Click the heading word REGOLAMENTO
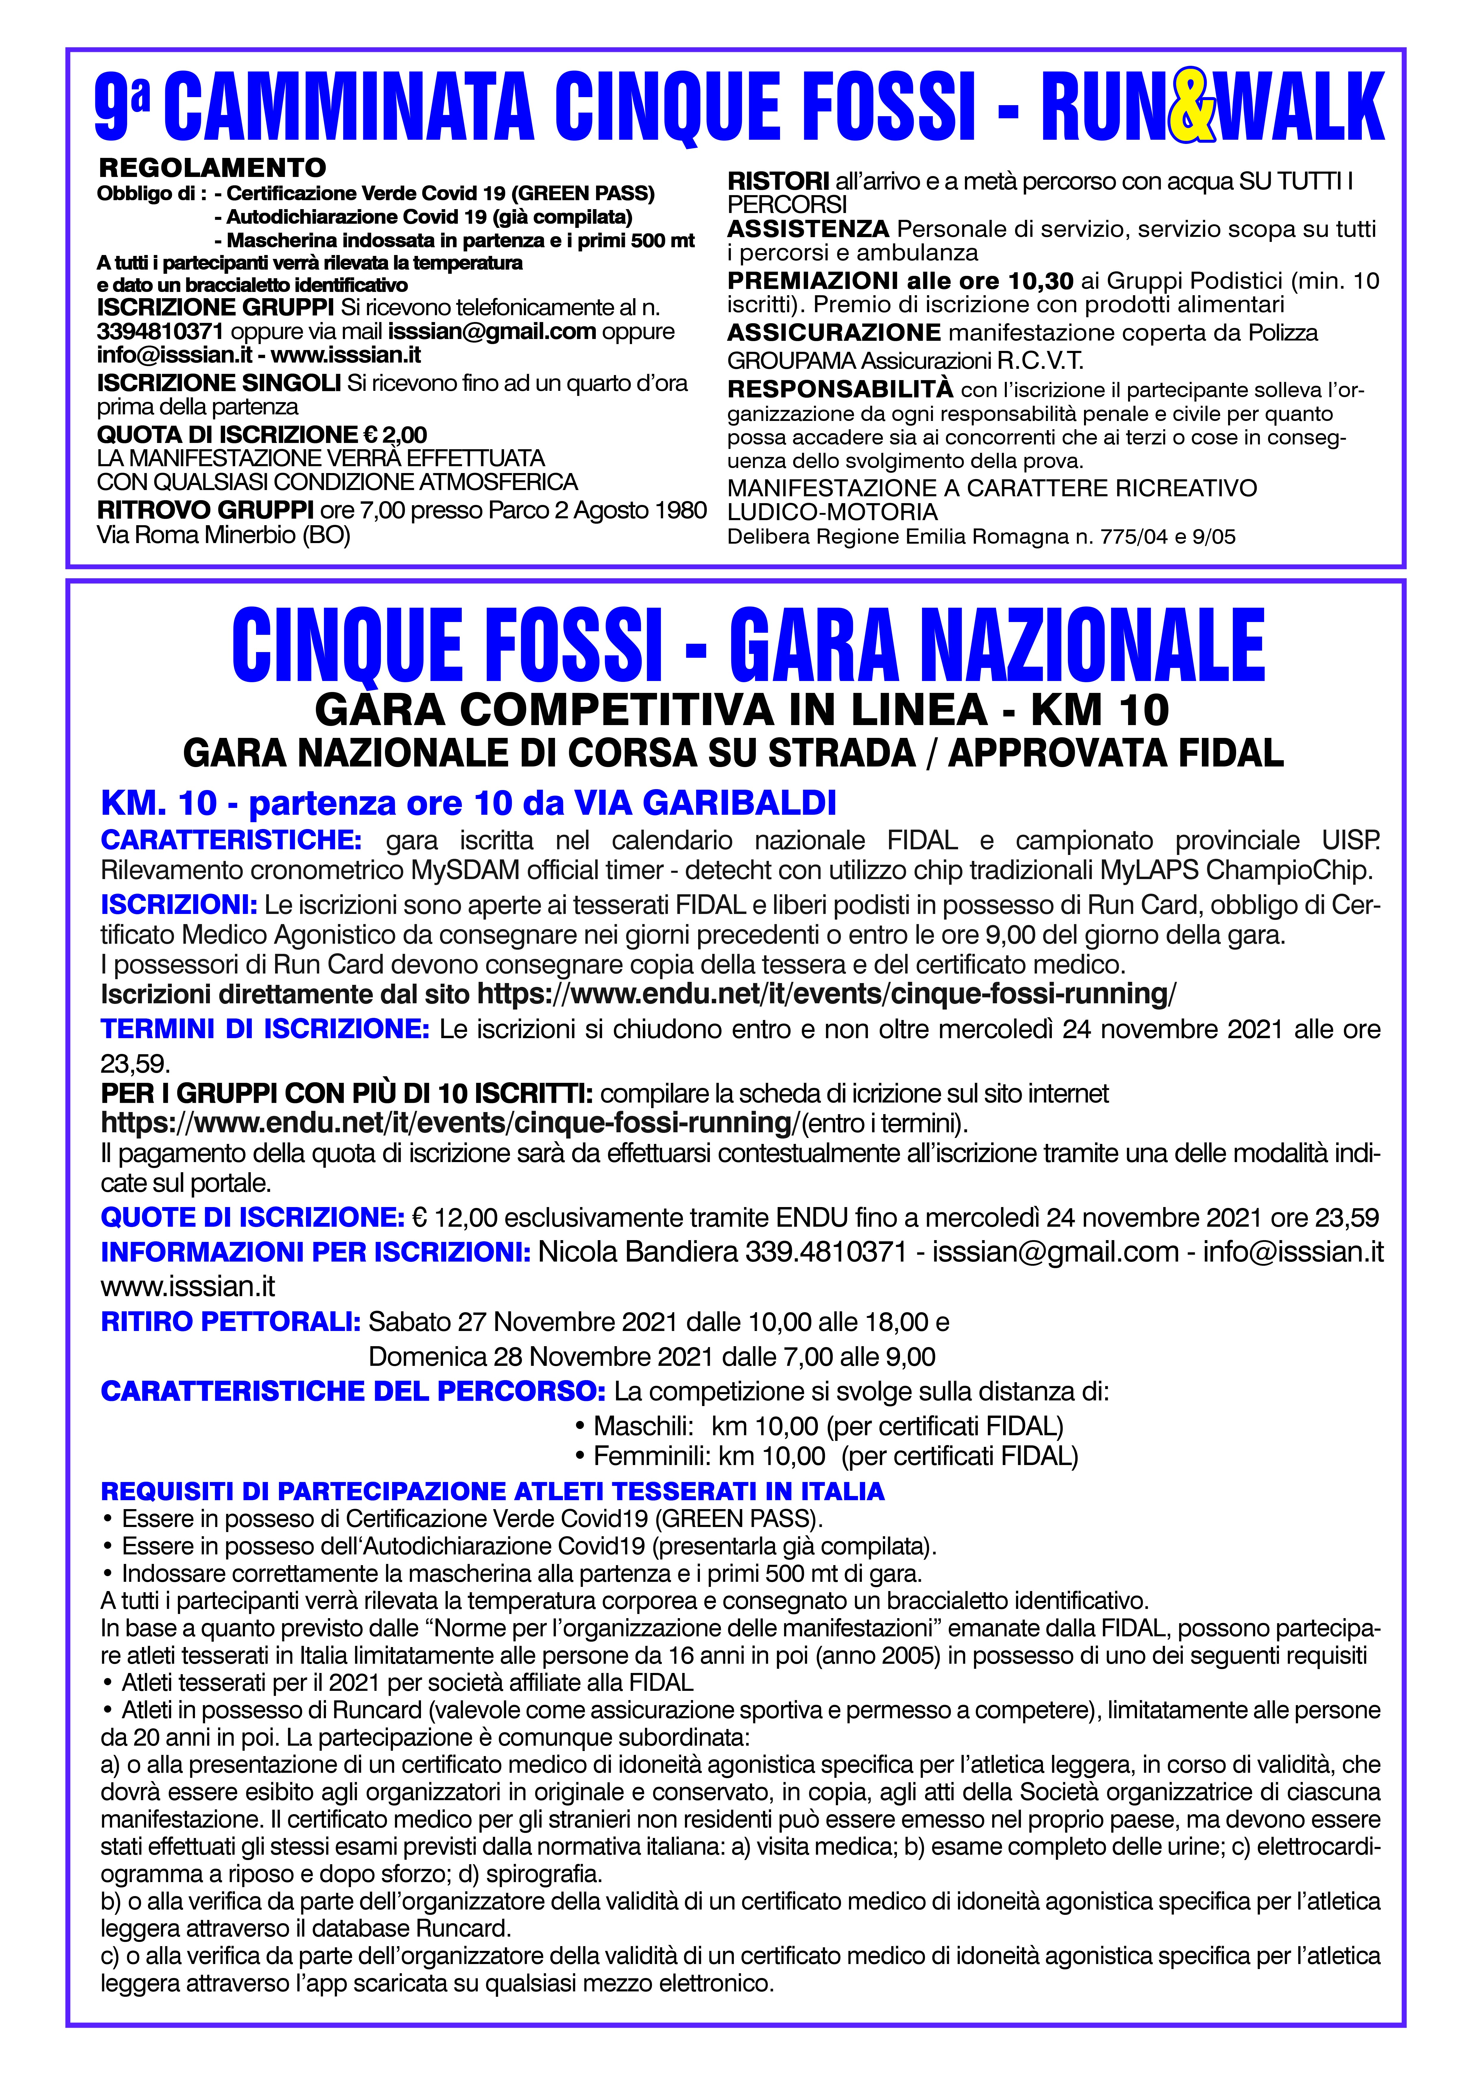(x=212, y=167)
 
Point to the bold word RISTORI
(x=778, y=181)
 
